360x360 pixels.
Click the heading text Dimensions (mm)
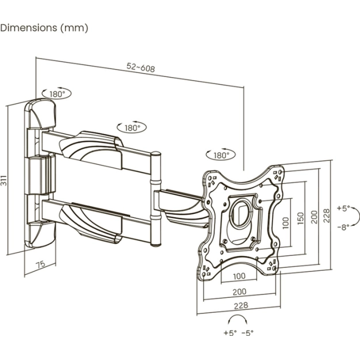tap(44, 28)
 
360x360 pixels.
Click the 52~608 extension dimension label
tap(141, 67)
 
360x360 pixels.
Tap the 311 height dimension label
tap(4, 180)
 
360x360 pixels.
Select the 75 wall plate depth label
tap(41, 265)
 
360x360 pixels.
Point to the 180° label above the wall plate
tap(57, 94)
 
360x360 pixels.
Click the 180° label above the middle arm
tap(132, 128)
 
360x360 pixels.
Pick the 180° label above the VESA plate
tap(221, 155)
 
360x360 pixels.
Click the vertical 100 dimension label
tap(285, 223)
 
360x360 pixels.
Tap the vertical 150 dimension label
tap(300, 219)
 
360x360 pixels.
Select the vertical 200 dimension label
tap(314, 217)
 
